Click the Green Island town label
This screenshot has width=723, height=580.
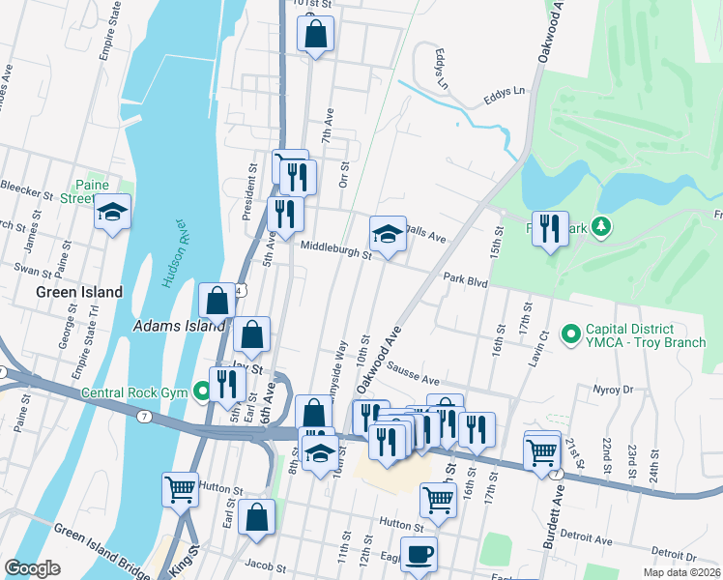click(79, 292)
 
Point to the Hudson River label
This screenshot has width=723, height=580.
click(173, 254)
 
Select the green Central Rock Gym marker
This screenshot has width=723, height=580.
click(202, 391)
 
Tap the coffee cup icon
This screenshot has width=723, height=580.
click(419, 556)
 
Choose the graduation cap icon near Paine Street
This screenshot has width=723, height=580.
click(112, 212)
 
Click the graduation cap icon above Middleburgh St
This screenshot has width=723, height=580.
click(388, 234)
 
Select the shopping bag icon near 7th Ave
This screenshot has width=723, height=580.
click(315, 37)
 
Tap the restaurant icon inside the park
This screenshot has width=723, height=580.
click(550, 228)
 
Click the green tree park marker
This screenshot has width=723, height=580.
click(602, 226)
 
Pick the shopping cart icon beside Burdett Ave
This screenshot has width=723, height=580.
click(542, 450)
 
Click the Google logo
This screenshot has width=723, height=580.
click(32, 567)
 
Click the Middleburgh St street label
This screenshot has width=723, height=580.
click(335, 249)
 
